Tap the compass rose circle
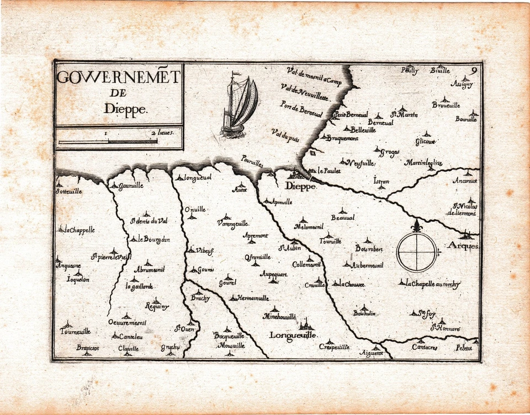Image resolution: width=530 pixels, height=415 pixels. tap(417, 252)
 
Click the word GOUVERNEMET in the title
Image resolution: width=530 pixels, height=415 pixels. tap(118, 78)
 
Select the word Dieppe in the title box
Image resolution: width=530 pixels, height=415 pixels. tap(126, 109)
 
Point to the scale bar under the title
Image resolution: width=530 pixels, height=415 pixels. tap(108, 142)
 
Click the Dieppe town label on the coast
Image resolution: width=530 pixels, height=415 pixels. tap(301, 187)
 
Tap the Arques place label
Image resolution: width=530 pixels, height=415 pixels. tap(463, 246)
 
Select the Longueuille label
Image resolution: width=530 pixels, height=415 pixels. tap(293, 335)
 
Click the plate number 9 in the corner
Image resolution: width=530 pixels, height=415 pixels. tap(474, 70)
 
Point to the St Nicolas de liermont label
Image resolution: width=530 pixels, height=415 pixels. tap(463, 209)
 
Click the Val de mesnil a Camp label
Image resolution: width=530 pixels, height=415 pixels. tap(314, 76)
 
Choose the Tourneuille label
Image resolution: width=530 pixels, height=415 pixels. tap(76, 331)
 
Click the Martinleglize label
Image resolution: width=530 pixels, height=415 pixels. tap(423, 163)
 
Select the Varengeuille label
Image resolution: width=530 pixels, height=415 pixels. tap(232, 224)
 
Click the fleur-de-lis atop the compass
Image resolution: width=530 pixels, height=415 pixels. tap(417, 226)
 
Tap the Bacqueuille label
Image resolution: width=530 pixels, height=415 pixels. tap(229, 335)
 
